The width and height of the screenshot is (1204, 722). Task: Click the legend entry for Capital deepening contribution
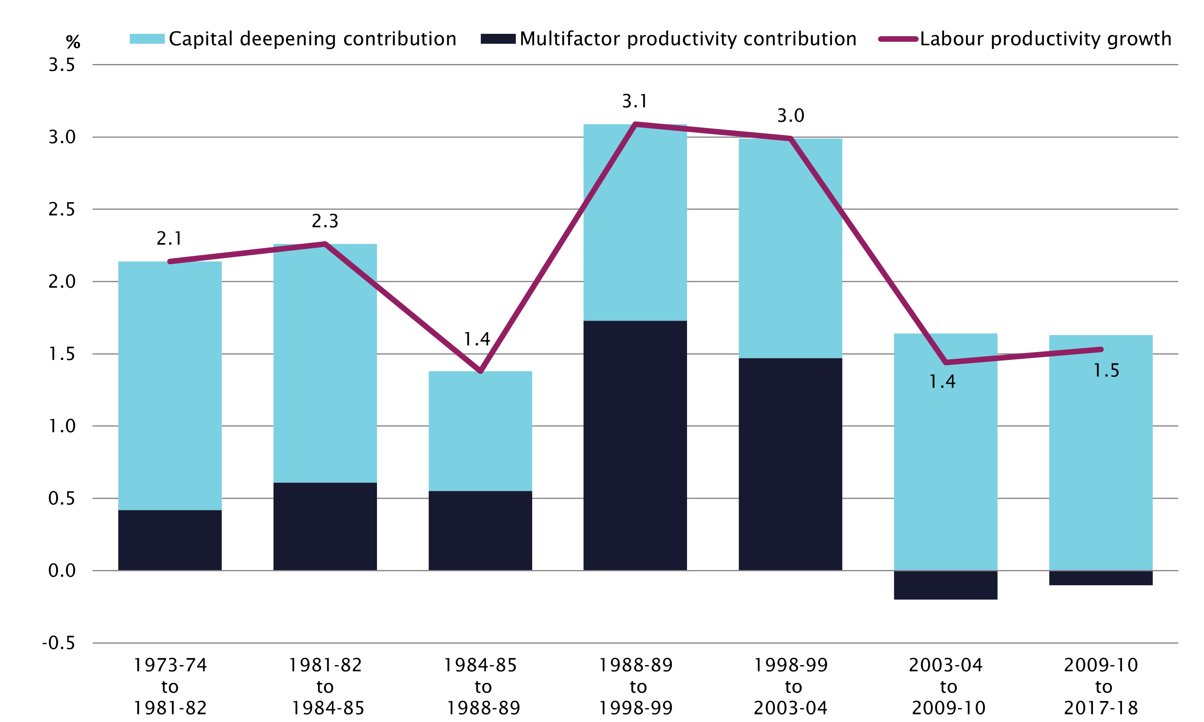pyautogui.click(x=293, y=39)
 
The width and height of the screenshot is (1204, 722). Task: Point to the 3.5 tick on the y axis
pyautogui.click(x=62, y=65)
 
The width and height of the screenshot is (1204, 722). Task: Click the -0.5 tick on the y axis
pyautogui.click(x=59, y=643)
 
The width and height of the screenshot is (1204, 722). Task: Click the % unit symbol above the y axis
pyautogui.click(x=73, y=42)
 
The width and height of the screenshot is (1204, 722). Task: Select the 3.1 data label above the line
pyautogui.click(x=634, y=101)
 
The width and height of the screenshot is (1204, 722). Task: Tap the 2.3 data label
pyautogui.click(x=325, y=221)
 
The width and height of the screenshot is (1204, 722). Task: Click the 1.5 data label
pyautogui.click(x=1106, y=371)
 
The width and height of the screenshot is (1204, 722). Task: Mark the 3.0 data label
pyautogui.click(x=790, y=116)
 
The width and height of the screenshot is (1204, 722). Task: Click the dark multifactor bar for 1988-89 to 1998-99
pyautogui.click(x=635, y=445)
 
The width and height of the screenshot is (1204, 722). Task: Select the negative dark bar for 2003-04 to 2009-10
pyautogui.click(x=945, y=585)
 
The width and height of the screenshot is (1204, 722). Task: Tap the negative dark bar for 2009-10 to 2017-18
pyautogui.click(x=1101, y=578)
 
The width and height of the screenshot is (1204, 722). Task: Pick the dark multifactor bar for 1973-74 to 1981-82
pyautogui.click(x=170, y=540)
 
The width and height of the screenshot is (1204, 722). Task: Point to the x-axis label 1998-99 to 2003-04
pyautogui.click(x=790, y=686)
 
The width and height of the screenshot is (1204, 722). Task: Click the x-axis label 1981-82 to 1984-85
pyautogui.click(x=325, y=686)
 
